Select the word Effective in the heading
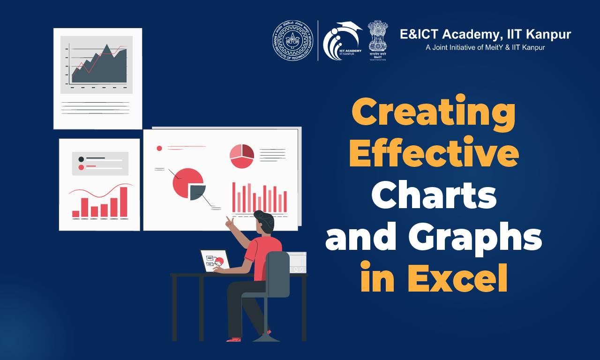click(x=434, y=155)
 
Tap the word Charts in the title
click(x=434, y=195)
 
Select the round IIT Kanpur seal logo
click(x=292, y=40)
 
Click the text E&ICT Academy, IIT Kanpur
click(x=485, y=34)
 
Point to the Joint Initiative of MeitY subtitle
click(x=485, y=47)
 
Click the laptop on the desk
click(x=215, y=261)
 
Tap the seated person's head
click(x=264, y=222)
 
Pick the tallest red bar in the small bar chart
click(x=124, y=202)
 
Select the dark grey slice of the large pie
click(x=197, y=191)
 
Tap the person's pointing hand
click(x=229, y=221)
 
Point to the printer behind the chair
click(x=296, y=262)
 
